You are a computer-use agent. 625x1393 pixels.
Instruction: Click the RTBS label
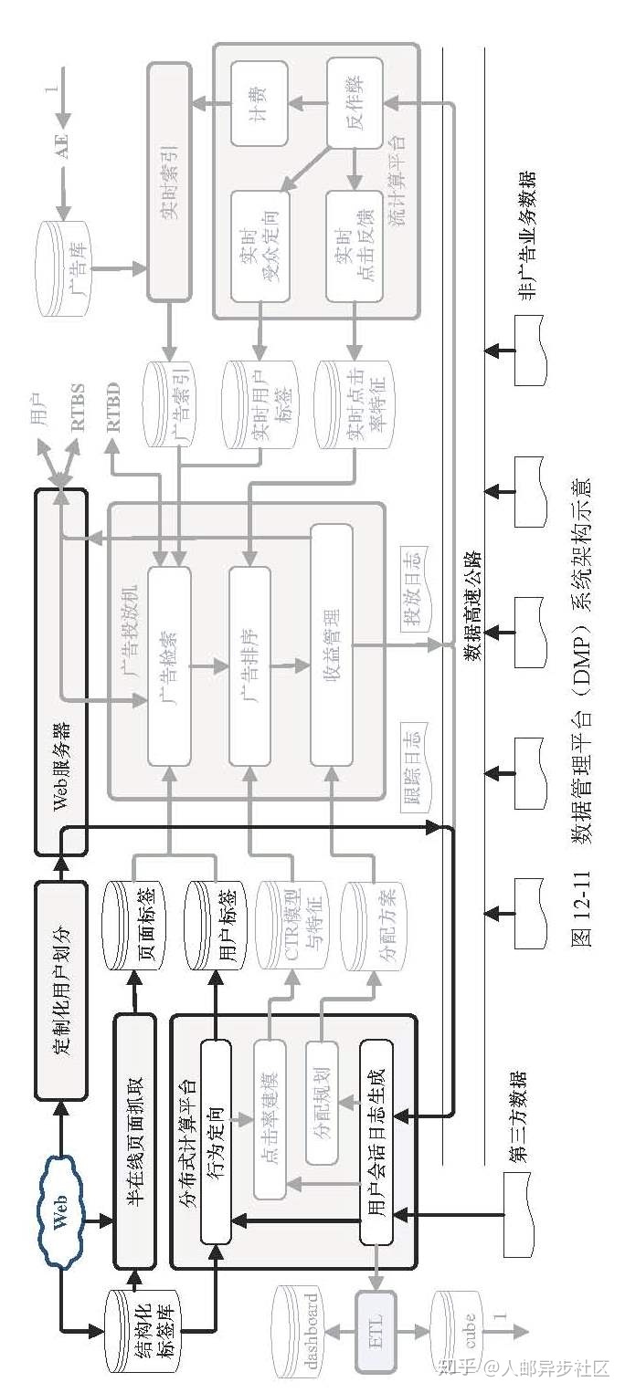coord(77,407)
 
